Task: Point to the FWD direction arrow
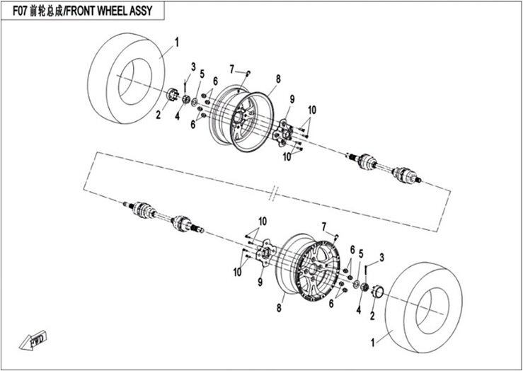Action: click(33, 341)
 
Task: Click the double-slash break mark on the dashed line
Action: click(273, 193)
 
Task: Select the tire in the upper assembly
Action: click(126, 78)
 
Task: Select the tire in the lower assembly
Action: click(424, 307)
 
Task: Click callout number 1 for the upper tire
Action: click(177, 42)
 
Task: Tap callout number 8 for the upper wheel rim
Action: click(278, 79)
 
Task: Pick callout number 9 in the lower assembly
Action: click(260, 282)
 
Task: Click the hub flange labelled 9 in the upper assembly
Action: click(283, 133)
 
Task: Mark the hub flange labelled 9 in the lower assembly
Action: click(265, 253)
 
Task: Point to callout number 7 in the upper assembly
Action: click(232, 69)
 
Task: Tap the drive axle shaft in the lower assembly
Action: click(163, 217)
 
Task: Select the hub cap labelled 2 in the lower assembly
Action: click(378, 292)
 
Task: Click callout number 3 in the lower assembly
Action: click(381, 258)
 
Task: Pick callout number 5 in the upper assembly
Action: click(202, 74)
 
